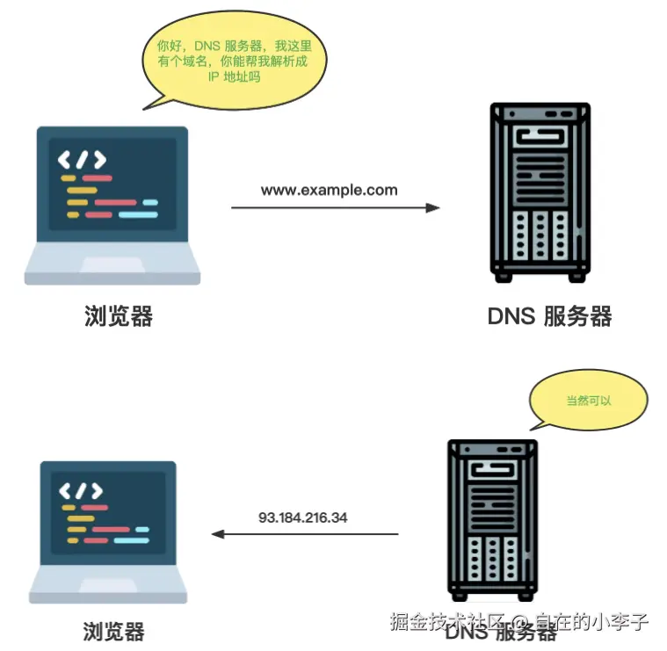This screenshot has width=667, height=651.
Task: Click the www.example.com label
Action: pyautogui.click(x=329, y=190)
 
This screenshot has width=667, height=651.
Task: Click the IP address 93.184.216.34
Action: pyautogui.click(x=302, y=517)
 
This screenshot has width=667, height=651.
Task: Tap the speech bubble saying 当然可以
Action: pyautogui.click(x=588, y=401)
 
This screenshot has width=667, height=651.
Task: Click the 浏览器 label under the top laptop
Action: pyautogui.click(x=119, y=316)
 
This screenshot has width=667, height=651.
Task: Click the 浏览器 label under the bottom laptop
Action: pyautogui.click(x=113, y=631)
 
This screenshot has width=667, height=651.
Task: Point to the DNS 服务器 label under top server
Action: pyautogui.click(x=549, y=316)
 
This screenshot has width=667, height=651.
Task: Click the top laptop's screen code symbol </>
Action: pyautogui.click(x=82, y=160)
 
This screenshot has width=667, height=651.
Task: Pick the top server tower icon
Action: pyautogui.click(x=540, y=192)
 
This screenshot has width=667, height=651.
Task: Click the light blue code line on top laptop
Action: pyautogui.click(x=137, y=213)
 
